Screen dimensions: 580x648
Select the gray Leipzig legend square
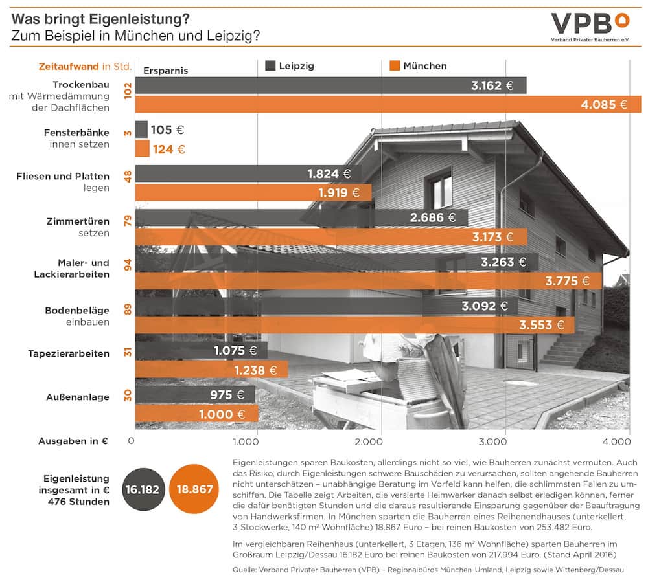point(270,65)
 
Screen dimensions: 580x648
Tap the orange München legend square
point(393,65)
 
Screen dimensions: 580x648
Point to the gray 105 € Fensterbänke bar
point(141,129)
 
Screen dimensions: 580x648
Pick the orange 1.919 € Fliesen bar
point(253,192)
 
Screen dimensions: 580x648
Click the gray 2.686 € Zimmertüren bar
point(301,217)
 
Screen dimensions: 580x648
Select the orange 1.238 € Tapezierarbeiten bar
point(211,370)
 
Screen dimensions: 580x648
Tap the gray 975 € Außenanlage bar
point(195,394)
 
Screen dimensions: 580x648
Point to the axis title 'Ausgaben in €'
point(73,441)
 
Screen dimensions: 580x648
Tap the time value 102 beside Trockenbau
point(127,89)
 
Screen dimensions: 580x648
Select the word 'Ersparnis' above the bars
point(165,71)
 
